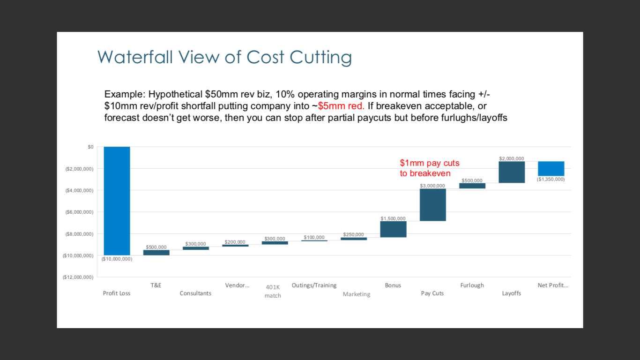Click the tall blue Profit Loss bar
(117, 201)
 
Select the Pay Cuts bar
(433, 205)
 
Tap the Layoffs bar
(512, 172)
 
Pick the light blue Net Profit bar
(551, 169)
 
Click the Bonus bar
(393, 229)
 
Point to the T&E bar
(156, 253)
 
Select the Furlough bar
(472, 186)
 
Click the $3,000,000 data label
(432, 186)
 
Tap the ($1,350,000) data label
(551, 179)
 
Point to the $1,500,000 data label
(393, 218)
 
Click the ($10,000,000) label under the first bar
(117, 259)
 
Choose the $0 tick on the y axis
(90, 147)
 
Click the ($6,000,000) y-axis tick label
(80, 212)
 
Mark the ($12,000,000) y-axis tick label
(78, 277)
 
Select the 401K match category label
(273, 291)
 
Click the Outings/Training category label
(314, 285)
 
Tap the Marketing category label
(356, 294)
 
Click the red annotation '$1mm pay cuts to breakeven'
(430, 168)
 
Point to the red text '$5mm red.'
(341, 106)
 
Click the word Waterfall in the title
(135, 57)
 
